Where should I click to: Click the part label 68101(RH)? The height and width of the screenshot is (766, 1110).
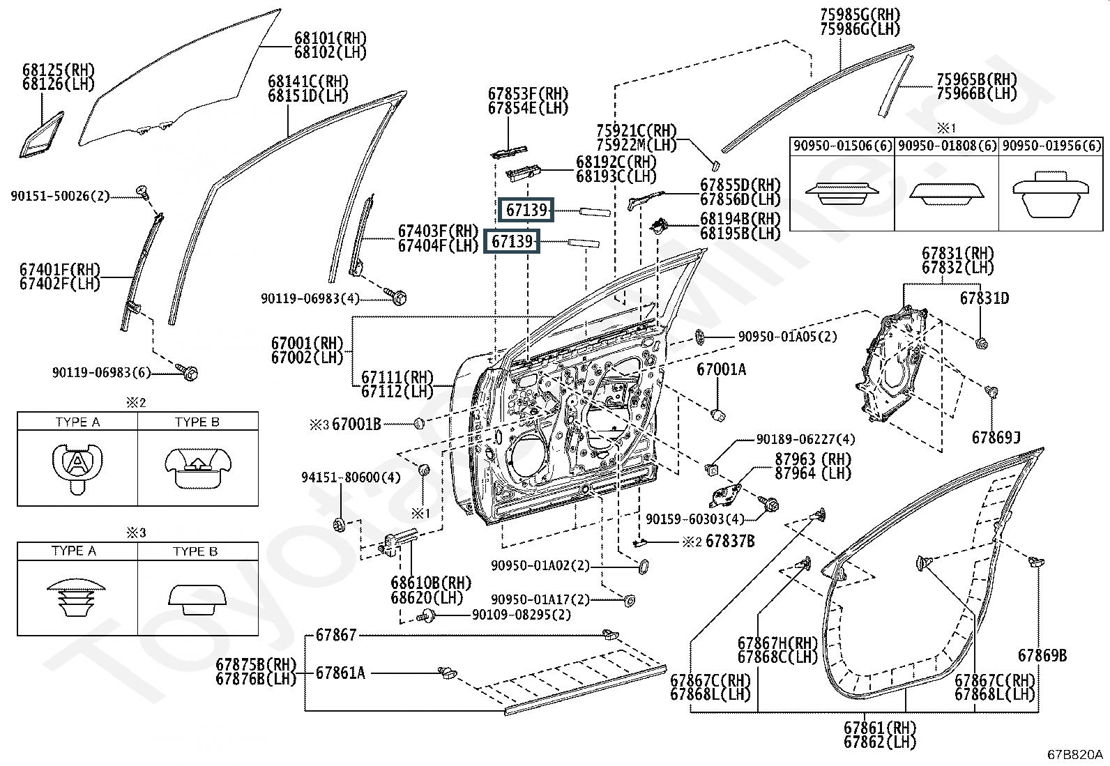[x=330, y=38]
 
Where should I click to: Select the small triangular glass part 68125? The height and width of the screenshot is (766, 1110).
[x=40, y=135]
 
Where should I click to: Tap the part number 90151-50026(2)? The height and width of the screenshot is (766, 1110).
[x=60, y=197]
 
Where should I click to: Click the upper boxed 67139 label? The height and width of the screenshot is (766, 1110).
[x=527, y=210]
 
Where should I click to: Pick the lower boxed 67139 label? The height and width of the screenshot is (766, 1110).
[x=512, y=242]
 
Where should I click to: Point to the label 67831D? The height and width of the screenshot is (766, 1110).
[x=984, y=298]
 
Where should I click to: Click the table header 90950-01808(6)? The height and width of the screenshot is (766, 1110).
[x=946, y=146]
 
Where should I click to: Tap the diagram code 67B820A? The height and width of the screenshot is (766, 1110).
[x=1074, y=754]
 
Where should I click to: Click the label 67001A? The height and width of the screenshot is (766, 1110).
[x=721, y=370]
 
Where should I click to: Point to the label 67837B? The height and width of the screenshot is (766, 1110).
[x=730, y=541]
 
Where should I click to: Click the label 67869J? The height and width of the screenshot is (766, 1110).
[x=996, y=438]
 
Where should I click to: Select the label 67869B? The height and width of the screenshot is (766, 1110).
[x=1042, y=655]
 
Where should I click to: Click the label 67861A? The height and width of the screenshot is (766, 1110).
[x=340, y=673]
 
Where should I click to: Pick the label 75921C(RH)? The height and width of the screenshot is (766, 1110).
[x=637, y=130]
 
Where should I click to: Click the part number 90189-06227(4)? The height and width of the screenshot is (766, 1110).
[x=805, y=440]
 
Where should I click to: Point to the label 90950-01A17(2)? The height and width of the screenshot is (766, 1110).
[x=540, y=599]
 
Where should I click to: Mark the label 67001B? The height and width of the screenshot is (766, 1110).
[x=356, y=424]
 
